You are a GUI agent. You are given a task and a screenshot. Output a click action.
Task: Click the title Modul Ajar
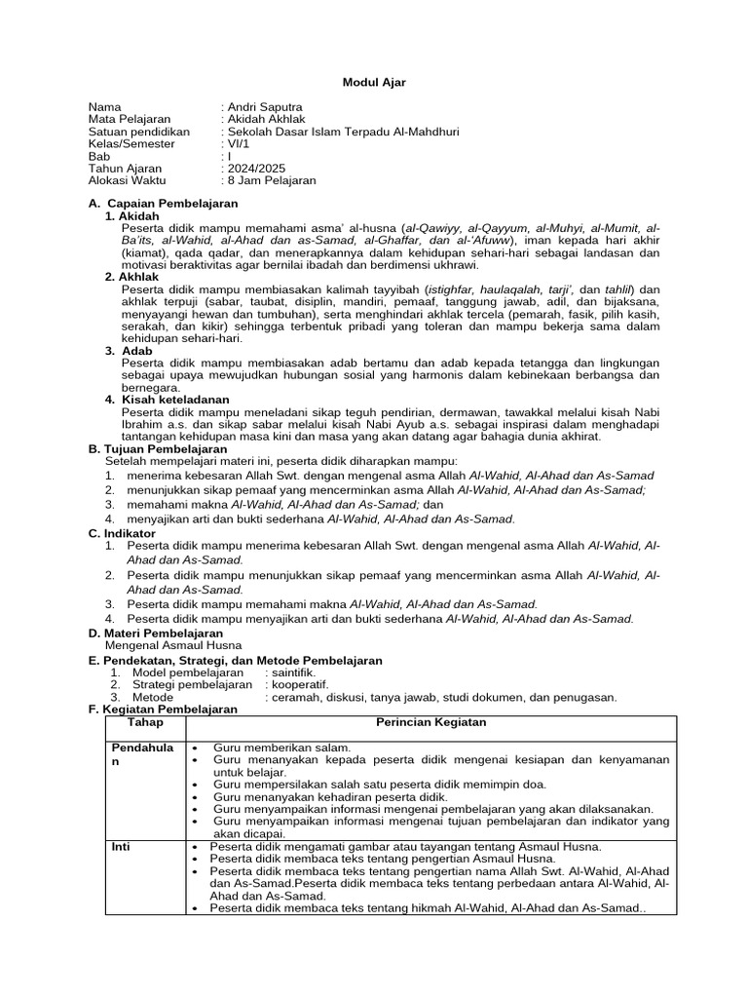tap(374, 83)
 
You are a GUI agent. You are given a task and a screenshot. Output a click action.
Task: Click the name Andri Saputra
tap(263, 106)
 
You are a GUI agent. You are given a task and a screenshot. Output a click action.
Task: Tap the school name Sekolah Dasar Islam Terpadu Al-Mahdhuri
tap(341, 132)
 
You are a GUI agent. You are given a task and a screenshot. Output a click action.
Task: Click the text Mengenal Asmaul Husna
tap(172, 645)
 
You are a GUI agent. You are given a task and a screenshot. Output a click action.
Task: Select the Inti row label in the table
tap(121, 847)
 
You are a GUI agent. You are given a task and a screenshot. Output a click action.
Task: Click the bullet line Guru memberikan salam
tap(281, 747)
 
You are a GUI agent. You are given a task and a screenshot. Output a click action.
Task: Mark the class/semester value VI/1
tap(238, 144)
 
